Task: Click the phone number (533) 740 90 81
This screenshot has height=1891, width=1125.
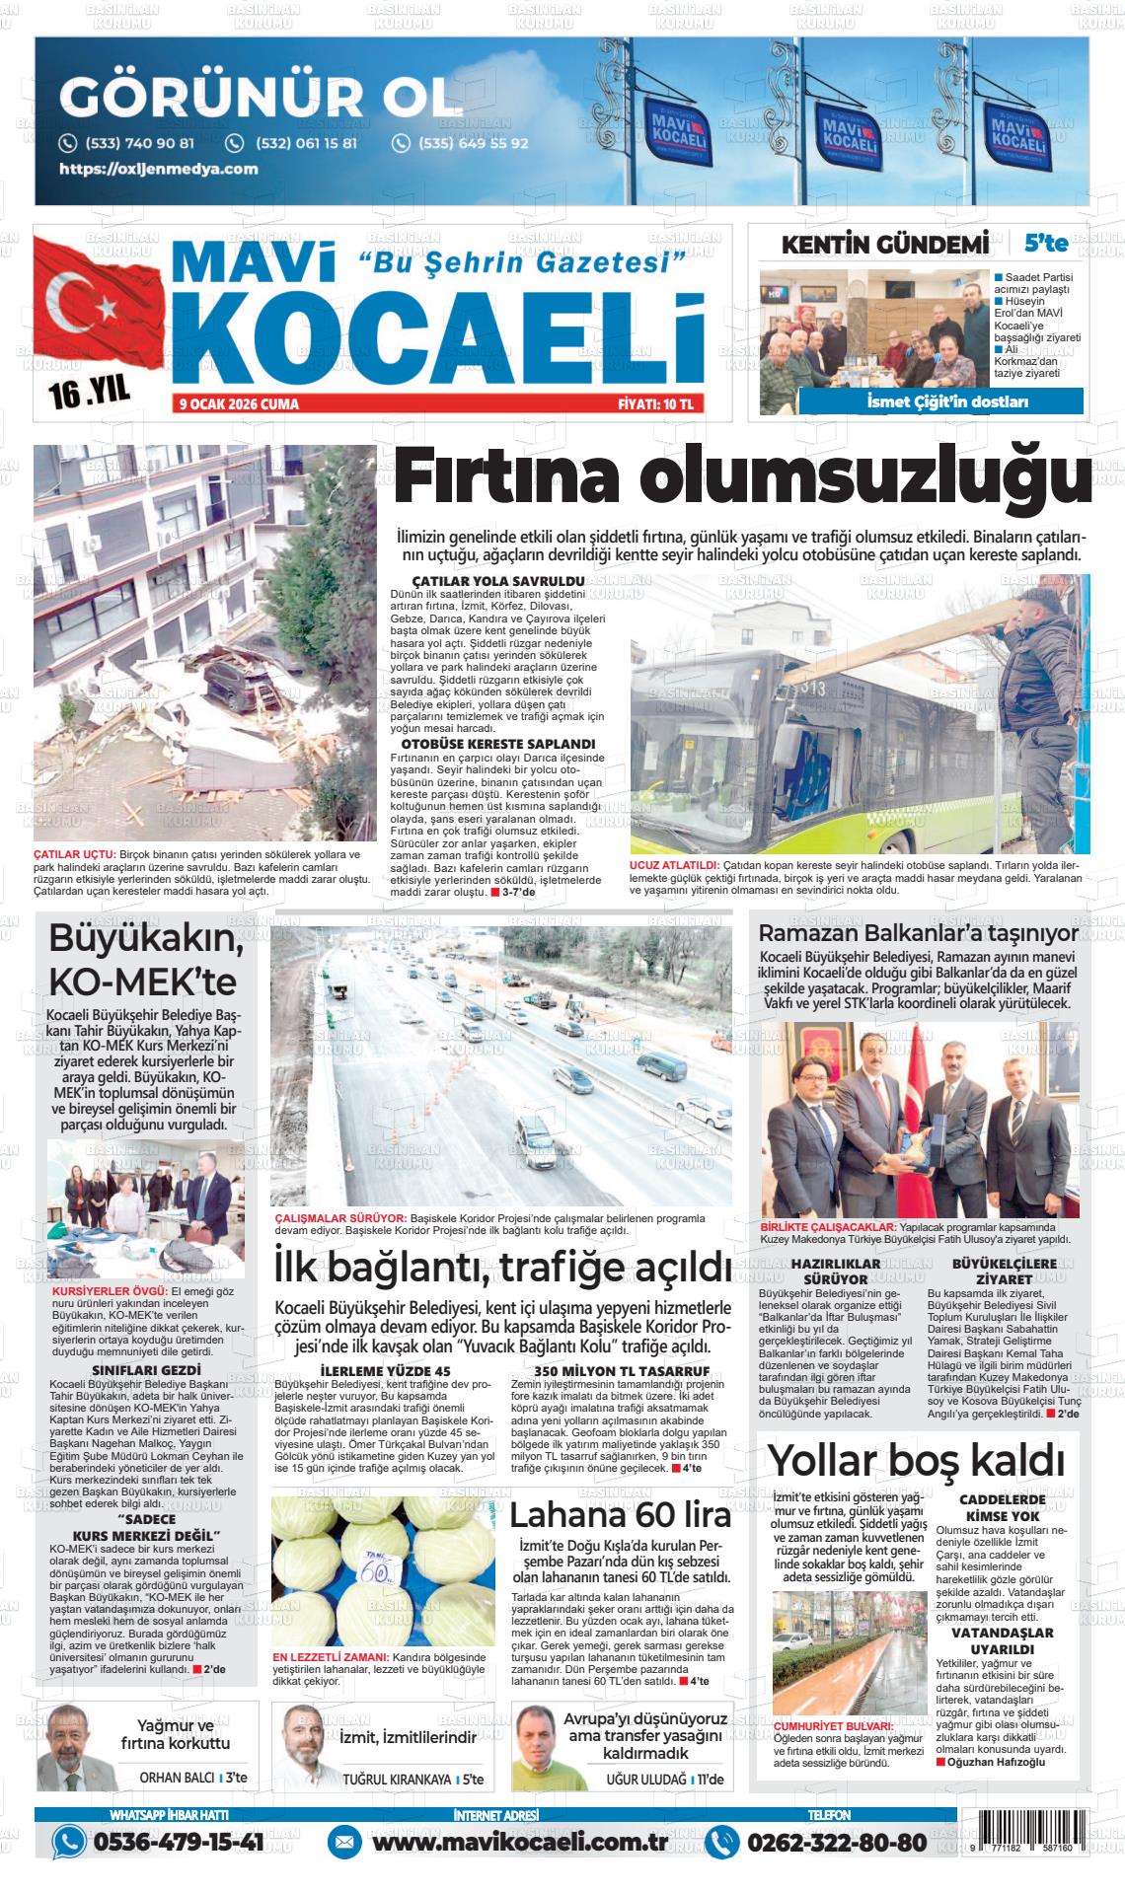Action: tap(139, 143)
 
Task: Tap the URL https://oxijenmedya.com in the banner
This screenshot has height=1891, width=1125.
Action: tap(159, 169)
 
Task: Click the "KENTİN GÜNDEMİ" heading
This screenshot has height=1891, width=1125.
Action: tap(884, 245)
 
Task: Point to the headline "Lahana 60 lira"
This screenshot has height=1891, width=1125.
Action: tap(621, 1515)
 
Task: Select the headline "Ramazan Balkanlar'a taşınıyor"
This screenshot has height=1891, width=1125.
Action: tap(918, 933)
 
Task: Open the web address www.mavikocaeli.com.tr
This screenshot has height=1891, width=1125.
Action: tap(522, 1841)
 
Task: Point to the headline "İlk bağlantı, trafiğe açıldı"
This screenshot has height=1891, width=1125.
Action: tap(502, 1267)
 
